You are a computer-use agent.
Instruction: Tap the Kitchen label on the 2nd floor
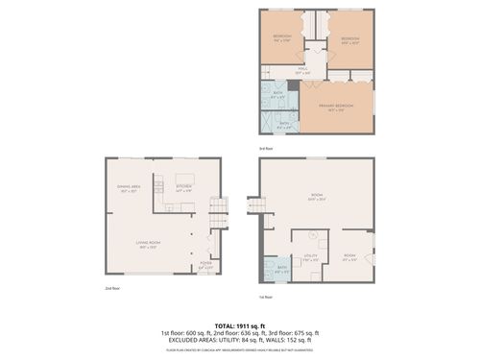tap(184, 188)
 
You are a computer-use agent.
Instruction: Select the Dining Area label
tap(130, 188)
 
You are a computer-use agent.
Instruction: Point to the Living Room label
tap(149, 246)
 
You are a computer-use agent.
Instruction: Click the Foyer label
tap(205, 265)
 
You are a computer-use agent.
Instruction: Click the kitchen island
tap(184, 179)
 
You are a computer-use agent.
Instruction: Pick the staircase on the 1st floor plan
tap(255, 205)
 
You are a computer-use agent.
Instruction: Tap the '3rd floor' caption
tap(266, 149)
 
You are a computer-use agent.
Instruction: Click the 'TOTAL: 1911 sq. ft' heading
tap(239, 324)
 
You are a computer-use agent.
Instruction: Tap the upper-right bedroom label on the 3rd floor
tap(349, 40)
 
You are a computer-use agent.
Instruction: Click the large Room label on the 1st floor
tap(317, 199)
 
